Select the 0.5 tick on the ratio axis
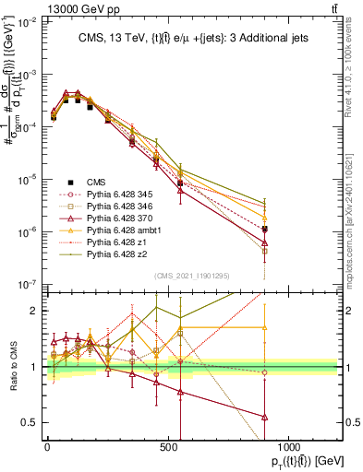pyautogui.click(x=28, y=422)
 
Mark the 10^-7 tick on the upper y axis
pyautogui.click(x=25, y=284)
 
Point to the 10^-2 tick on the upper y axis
pyautogui.click(x=25, y=22)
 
